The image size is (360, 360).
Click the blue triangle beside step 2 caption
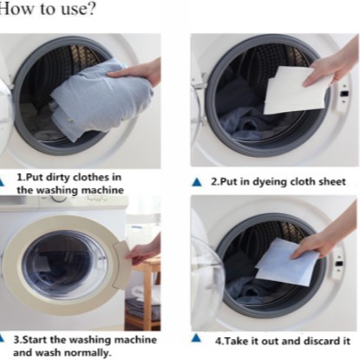tap(197, 182)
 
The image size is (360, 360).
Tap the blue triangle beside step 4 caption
tap(196, 337)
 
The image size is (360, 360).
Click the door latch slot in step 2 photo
tap(344, 94)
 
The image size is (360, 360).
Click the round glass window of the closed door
tap(64, 265)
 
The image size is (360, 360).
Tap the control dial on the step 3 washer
tap(59, 198)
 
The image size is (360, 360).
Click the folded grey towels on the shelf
tap(142, 308)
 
